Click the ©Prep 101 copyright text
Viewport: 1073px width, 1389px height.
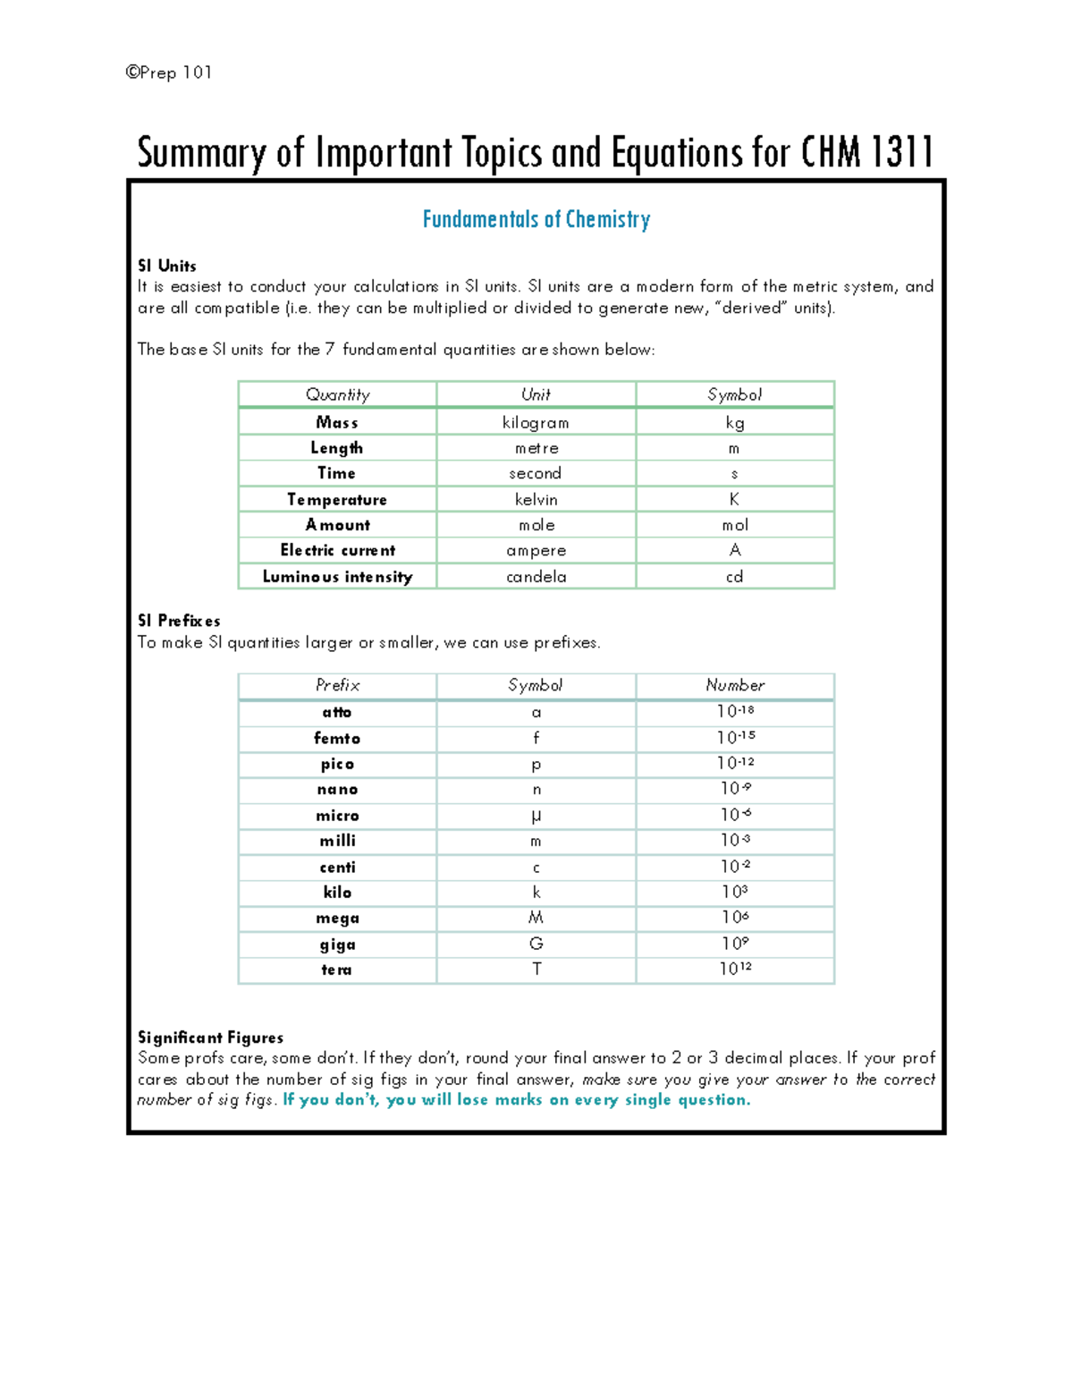[169, 72]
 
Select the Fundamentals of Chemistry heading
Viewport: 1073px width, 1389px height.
[536, 219]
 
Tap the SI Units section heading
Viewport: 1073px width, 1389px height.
[167, 266]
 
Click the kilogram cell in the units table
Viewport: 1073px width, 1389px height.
[536, 422]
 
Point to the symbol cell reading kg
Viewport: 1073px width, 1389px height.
[734, 422]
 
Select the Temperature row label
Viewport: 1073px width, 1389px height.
[337, 499]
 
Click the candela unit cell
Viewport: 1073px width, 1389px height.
[536, 577]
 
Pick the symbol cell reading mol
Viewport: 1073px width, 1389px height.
[735, 525]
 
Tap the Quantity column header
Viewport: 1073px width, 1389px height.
[337, 394]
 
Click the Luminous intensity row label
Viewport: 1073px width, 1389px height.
[337, 577]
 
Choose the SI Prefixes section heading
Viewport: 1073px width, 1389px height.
[179, 621]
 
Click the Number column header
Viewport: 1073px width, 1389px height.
[735, 685]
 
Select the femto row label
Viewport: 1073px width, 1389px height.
[337, 738]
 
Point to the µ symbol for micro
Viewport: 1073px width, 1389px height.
[536, 816]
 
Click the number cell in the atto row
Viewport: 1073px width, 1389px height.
[735, 712]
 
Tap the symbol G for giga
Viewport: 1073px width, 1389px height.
[536, 944]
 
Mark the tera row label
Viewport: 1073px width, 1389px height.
[337, 970]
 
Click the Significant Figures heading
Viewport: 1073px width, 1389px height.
[210, 1038]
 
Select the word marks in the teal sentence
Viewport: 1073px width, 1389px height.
[519, 1100]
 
